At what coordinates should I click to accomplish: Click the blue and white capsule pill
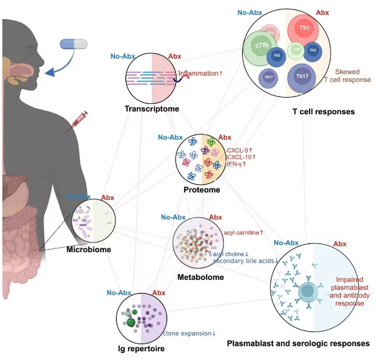point(74,44)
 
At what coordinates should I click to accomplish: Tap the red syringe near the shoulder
point(77,121)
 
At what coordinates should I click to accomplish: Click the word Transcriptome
point(151,109)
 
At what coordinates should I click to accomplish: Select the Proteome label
point(201,189)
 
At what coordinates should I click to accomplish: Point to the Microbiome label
point(89,250)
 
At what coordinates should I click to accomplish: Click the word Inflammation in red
point(198,74)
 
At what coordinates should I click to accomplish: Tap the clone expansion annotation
point(189,334)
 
